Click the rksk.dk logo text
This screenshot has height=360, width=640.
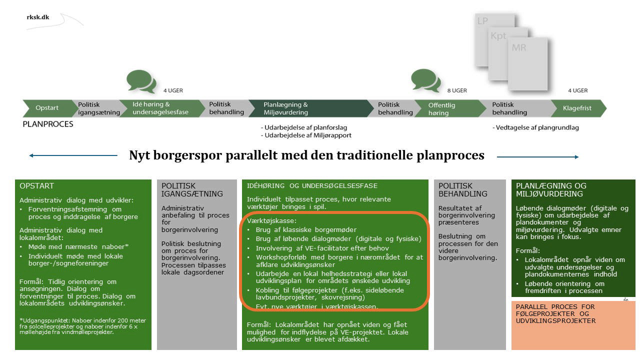coord(38,16)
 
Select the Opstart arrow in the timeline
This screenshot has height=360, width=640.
coord(47,108)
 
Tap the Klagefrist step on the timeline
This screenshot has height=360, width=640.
coord(577,108)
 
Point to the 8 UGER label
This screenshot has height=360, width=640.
coord(456,90)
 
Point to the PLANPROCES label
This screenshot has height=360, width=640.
coord(48,124)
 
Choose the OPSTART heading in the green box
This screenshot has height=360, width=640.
coord(36,186)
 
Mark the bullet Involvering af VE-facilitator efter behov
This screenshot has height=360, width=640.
coord(322,248)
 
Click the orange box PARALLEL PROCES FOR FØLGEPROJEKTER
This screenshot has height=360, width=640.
coord(573,324)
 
